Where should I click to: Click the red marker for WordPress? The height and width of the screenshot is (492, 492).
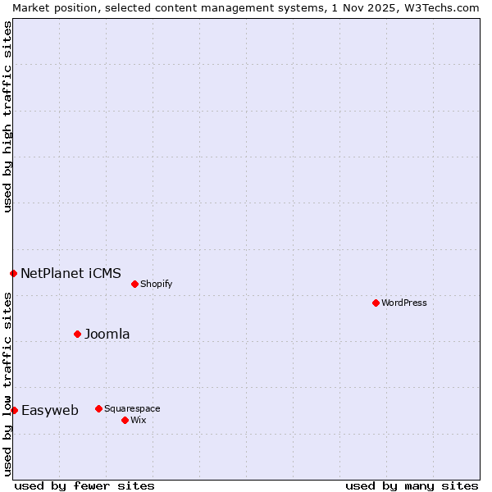pos(376,303)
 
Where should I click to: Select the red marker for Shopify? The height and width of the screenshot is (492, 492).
pos(134,284)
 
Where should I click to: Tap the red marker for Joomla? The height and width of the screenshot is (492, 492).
pos(77,334)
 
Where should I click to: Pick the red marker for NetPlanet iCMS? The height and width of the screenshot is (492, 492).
pos(13,273)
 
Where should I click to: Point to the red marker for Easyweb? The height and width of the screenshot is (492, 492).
pos(14,410)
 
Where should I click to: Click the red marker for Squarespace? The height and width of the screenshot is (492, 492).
pos(98,408)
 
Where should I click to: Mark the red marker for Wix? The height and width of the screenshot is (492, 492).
pos(125,420)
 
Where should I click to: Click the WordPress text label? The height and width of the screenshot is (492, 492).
pos(404,303)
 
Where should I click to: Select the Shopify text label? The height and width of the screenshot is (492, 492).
pos(156,284)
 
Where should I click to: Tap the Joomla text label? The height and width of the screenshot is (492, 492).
pos(107,334)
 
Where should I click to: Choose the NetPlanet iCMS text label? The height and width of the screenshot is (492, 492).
pos(71,273)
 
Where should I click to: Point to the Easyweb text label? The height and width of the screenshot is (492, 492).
pos(50,410)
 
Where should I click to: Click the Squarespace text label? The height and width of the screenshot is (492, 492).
pos(132,408)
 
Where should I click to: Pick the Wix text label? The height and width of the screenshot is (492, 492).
pos(138,420)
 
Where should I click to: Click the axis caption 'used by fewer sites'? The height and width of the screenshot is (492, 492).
pos(84,485)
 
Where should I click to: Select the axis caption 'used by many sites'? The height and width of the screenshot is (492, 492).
pos(412,485)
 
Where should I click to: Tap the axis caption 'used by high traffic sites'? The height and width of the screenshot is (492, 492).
pos(7,116)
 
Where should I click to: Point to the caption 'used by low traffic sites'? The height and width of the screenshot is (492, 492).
pos(7,384)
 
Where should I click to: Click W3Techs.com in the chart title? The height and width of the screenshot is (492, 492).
pos(441,7)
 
